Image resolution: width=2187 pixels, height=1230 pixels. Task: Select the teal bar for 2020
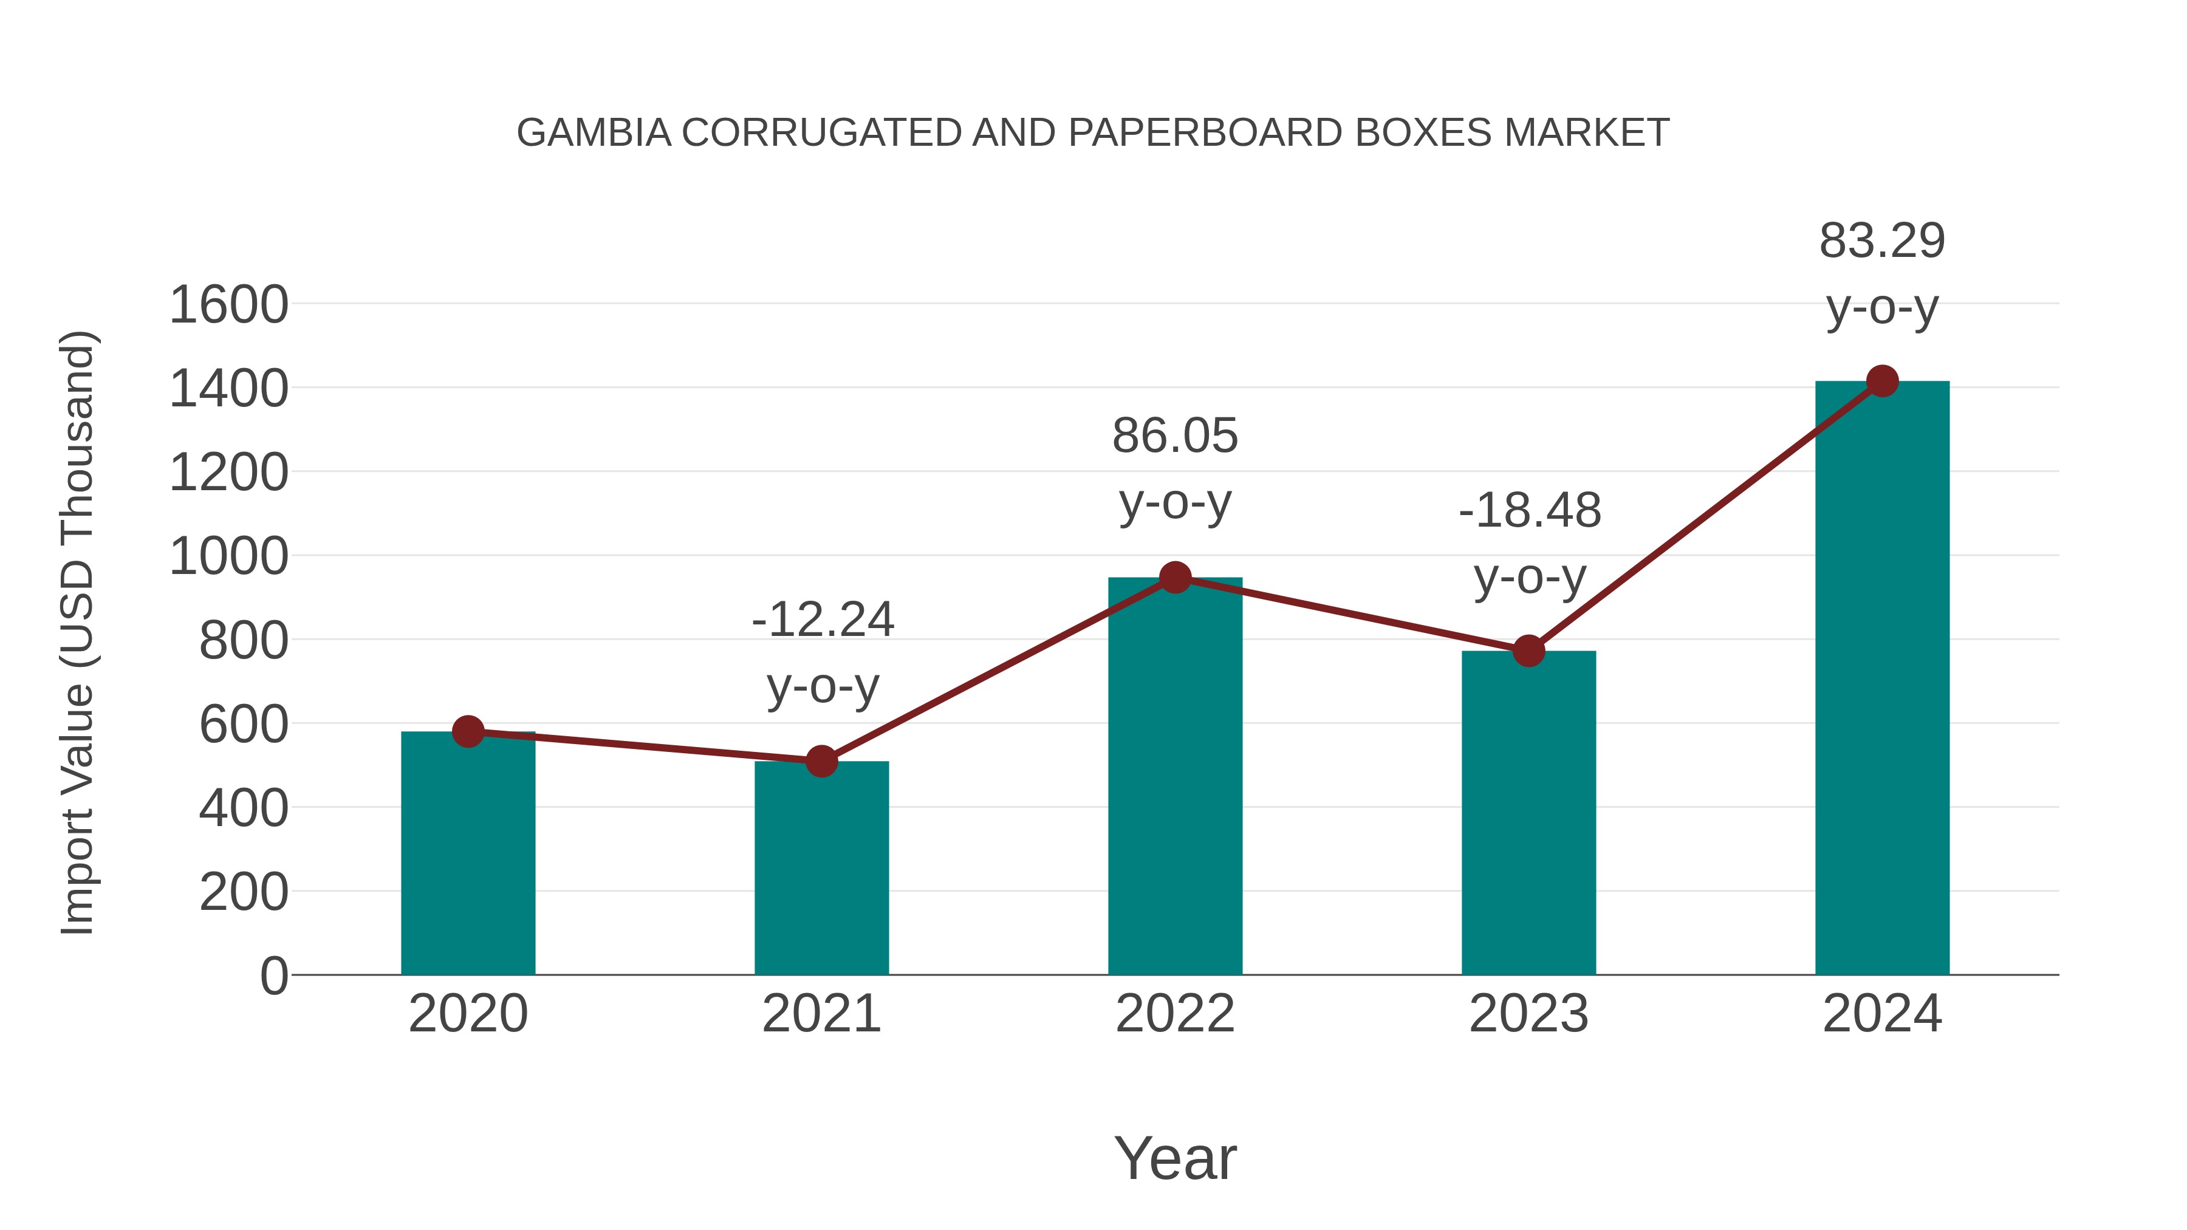[468, 853]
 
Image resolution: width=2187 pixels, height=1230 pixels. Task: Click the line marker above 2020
[468, 731]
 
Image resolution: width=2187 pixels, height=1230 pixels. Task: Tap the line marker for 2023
[1528, 651]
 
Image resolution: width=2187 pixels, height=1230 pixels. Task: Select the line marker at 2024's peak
[1882, 381]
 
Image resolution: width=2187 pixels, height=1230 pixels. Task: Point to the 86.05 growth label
[1175, 436]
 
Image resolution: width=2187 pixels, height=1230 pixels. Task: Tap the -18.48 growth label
[1529, 510]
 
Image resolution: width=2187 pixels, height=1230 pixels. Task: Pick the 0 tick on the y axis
[273, 975]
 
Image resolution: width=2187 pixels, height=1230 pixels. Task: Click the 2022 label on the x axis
[1175, 1014]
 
